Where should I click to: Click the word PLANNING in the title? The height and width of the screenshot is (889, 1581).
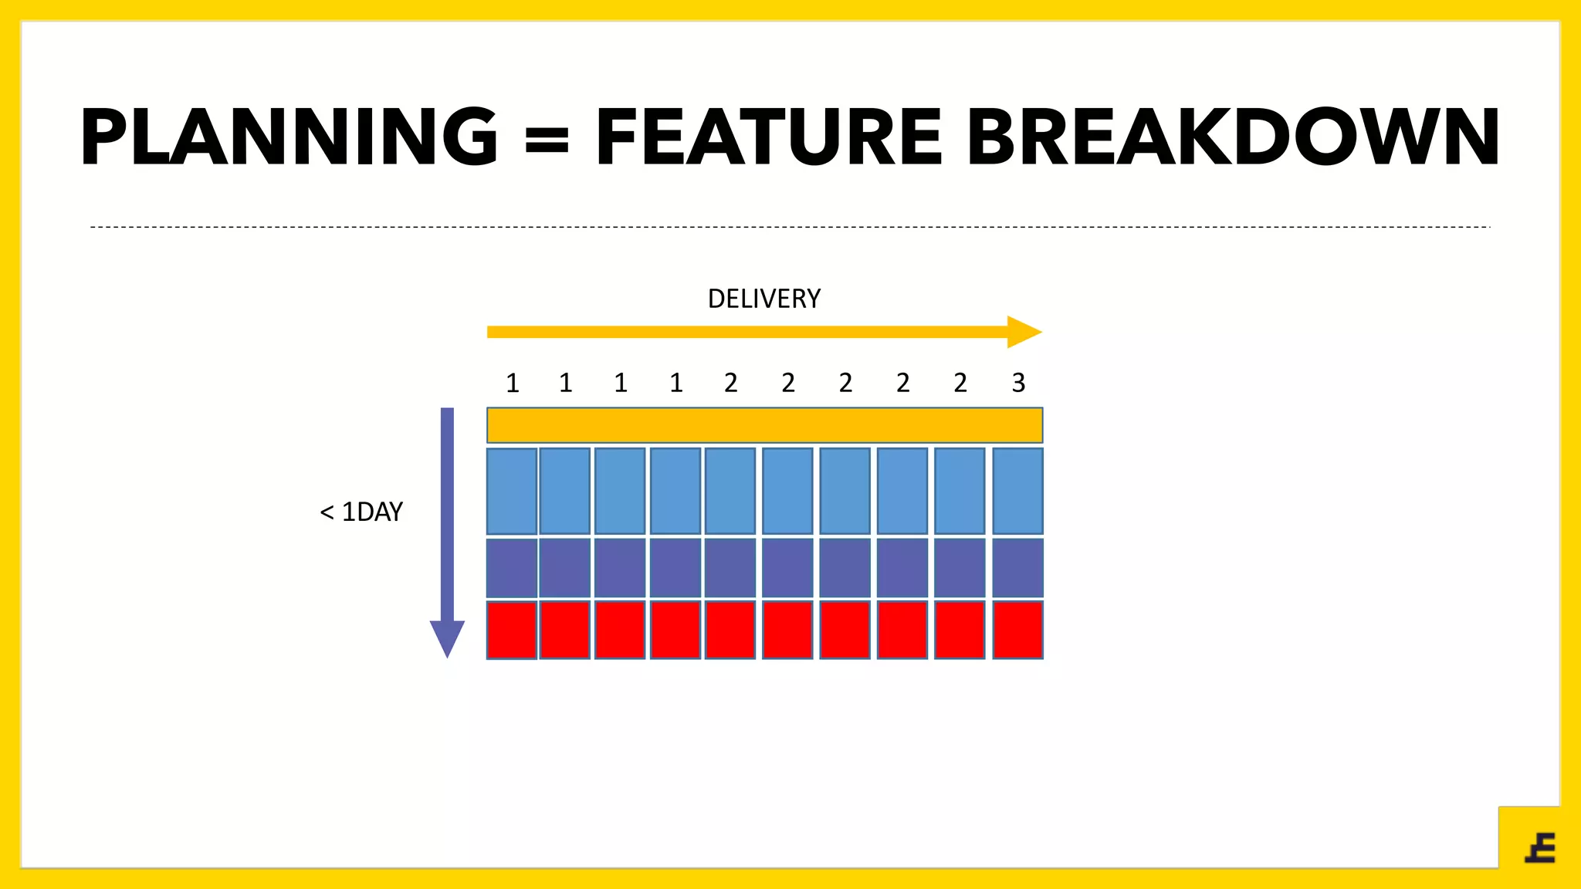[289, 137]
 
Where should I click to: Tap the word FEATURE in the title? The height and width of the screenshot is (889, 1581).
[769, 137]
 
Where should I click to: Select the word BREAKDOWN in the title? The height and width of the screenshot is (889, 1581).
[1232, 137]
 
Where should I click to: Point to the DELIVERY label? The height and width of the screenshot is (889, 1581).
[764, 299]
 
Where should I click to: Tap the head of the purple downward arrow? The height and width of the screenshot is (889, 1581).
[447, 637]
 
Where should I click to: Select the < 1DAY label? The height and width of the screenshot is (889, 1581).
[361, 512]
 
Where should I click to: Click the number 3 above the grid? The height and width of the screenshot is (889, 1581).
[1018, 383]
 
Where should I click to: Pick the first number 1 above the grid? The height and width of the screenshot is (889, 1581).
[512, 383]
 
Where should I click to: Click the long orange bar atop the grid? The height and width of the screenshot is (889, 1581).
[764, 425]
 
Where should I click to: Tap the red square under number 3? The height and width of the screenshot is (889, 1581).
[1017, 630]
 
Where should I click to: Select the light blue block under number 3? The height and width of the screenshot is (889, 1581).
[1017, 491]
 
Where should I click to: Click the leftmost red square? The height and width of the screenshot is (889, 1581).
[512, 630]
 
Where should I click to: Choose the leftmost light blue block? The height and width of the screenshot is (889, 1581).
[512, 491]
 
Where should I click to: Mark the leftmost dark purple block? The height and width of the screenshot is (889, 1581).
[512, 568]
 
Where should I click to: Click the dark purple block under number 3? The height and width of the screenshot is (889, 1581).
[1017, 568]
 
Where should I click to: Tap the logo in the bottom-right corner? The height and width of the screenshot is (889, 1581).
[1540, 848]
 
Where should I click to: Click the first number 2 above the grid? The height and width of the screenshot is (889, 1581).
[730, 383]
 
